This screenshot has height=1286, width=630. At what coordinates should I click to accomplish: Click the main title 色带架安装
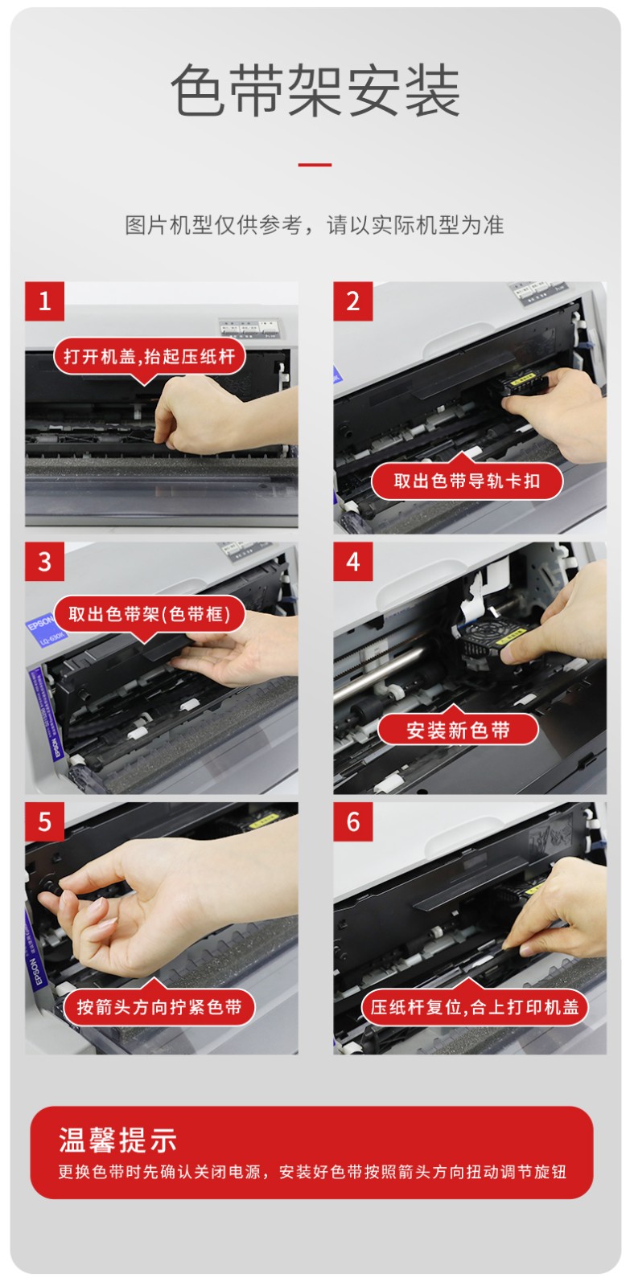point(315,90)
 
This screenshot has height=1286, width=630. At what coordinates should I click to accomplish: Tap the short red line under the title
point(315,165)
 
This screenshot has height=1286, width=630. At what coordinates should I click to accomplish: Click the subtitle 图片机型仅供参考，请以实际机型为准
point(315,224)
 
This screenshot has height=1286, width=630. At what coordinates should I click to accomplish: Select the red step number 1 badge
point(44,301)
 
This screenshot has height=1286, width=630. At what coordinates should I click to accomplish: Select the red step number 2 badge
point(353,301)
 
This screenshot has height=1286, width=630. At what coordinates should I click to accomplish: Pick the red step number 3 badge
point(44,562)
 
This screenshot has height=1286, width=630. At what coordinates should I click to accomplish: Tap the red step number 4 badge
point(353,562)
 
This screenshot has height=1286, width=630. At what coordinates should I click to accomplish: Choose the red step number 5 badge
point(44,821)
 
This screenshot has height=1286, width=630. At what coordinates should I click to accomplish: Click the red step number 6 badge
point(353,821)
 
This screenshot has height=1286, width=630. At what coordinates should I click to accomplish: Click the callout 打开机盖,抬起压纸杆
point(150,357)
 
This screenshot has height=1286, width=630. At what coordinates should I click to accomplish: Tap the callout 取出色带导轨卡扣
point(467,480)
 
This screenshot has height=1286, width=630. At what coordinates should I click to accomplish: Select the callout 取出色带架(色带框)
point(150,614)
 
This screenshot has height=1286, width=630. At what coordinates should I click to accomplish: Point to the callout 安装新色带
point(458,730)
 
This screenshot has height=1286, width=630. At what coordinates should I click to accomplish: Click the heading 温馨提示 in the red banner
point(117,1140)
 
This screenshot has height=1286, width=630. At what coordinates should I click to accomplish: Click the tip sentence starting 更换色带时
point(312,1171)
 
